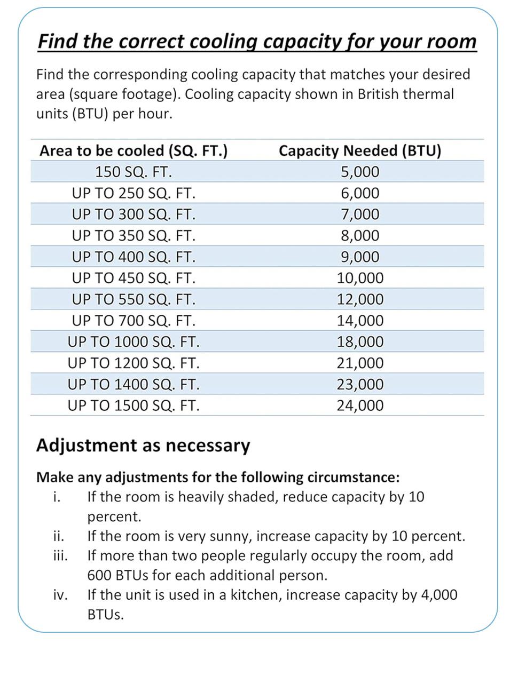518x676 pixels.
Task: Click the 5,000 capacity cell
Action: (x=360, y=172)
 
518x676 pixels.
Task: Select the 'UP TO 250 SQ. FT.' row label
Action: (x=134, y=193)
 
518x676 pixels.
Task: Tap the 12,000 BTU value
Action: (x=360, y=299)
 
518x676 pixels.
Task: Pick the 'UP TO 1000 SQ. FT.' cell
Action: (x=134, y=341)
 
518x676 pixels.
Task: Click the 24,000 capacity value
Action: (x=360, y=405)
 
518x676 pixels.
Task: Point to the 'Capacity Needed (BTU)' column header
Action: (x=360, y=151)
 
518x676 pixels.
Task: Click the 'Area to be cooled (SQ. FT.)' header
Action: (x=134, y=151)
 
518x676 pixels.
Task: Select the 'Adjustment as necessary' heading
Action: (x=143, y=445)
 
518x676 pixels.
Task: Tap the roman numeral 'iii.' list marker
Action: (x=60, y=556)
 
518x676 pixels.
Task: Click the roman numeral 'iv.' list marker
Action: (x=60, y=595)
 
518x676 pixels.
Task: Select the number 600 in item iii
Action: (x=99, y=576)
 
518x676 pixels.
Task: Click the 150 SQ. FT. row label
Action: (x=134, y=172)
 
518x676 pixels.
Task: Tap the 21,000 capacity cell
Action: (x=360, y=363)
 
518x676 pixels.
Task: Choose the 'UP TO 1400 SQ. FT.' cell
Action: (x=134, y=384)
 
